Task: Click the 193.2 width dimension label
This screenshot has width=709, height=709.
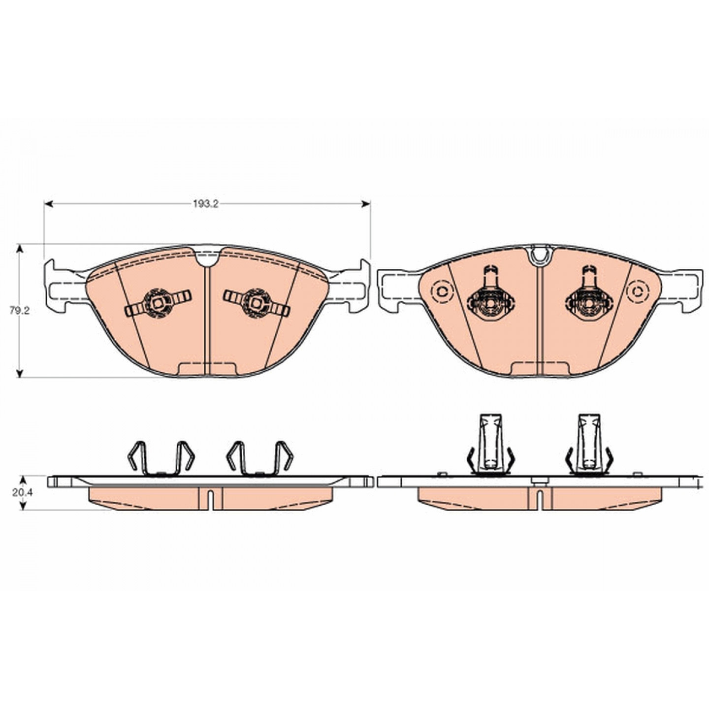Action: pos(206,204)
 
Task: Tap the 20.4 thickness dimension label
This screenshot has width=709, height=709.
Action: pos(23,492)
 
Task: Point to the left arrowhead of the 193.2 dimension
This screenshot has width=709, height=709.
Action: pos(49,204)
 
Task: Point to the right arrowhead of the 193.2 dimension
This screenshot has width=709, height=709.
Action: pos(365,204)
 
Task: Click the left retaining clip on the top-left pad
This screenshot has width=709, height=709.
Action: pos(158,303)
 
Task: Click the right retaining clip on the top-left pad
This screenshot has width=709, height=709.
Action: pos(256,303)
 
